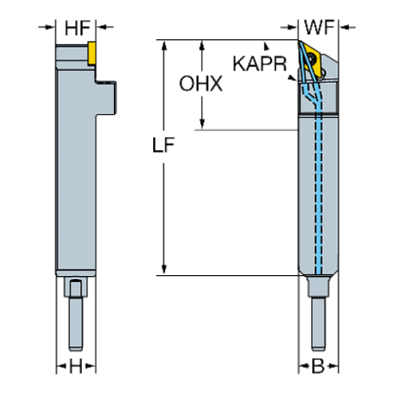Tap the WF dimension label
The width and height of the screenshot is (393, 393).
coord(319,28)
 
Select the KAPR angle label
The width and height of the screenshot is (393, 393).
coord(259,65)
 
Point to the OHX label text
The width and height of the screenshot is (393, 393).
coord(201,83)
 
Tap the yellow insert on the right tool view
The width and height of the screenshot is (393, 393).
coord(310,59)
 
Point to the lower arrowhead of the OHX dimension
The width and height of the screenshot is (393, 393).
coord(203,123)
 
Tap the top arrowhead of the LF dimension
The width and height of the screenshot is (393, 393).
coord(164,47)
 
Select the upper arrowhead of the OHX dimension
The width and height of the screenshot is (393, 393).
coord(203,47)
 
